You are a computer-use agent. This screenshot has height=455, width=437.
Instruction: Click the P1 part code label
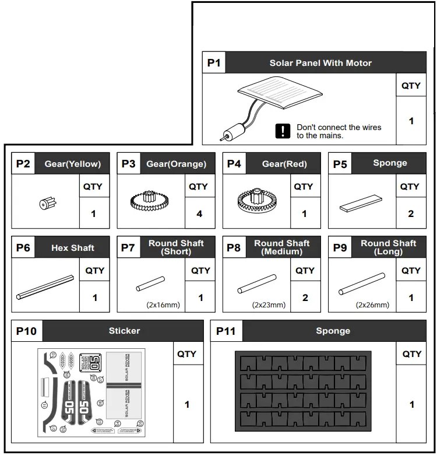click(x=214, y=63)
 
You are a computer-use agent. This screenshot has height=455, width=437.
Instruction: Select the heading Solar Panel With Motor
click(x=320, y=63)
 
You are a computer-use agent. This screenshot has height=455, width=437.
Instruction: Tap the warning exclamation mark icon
click(x=283, y=131)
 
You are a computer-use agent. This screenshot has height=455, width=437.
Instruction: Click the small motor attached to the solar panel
click(x=230, y=132)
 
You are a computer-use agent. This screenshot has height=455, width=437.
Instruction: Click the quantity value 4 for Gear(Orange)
click(x=199, y=213)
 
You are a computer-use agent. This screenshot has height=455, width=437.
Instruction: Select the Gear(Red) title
click(x=284, y=164)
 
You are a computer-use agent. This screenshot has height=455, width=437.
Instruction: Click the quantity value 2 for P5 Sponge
click(x=410, y=213)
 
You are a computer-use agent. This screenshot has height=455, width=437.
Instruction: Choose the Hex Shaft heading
click(x=72, y=248)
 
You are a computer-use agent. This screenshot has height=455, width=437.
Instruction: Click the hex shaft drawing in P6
click(x=45, y=287)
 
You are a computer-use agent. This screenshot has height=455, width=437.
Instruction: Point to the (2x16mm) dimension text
click(x=163, y=304)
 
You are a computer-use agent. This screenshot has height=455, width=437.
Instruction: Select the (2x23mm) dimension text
click(x=269, y=304)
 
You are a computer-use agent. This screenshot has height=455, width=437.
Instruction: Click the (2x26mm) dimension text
click(x=373, y=304)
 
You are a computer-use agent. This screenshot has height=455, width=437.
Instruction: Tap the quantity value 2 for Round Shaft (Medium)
click(x=305, y=297)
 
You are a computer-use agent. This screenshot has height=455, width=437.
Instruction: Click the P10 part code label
click(x=26, y=331)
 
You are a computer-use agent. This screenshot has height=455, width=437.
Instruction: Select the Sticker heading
click(x=124, y=331)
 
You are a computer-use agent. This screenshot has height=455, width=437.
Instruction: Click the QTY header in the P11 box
click(x=411, y=354)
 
